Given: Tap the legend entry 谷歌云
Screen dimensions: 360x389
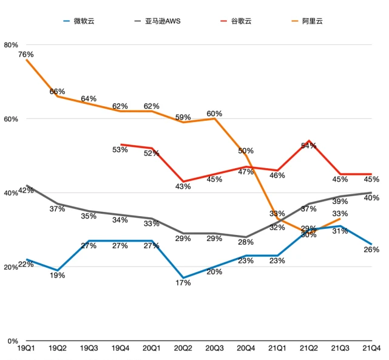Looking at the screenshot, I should click(242, 21).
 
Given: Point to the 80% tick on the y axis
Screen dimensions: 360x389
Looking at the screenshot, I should click(11, 45).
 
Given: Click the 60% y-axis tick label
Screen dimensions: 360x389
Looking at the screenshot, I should click(11, 119).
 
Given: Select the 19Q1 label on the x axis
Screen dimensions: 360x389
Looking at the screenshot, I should click(25, 348).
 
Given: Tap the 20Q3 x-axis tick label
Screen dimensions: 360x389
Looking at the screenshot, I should click(214, 348).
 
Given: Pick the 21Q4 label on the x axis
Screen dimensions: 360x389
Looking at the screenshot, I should click(371, 348).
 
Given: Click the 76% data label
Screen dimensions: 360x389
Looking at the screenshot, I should click(25, 55).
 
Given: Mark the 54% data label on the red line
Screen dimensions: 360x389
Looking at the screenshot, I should click(309, 146).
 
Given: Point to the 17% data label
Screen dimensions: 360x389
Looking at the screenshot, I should click(183, 283).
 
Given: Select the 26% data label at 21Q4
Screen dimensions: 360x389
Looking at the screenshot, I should click(371, 250).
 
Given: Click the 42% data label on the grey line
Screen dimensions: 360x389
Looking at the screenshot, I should click(25, 191).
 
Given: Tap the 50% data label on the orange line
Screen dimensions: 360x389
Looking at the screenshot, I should click(246, 151).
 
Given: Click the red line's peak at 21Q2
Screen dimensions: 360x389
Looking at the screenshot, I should click(309, 141).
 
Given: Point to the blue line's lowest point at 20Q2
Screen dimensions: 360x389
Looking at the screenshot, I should click(183, 277).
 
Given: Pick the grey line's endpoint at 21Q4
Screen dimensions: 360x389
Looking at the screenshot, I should click(371, 192).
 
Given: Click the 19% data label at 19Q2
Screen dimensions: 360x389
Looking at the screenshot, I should click(57, 275).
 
